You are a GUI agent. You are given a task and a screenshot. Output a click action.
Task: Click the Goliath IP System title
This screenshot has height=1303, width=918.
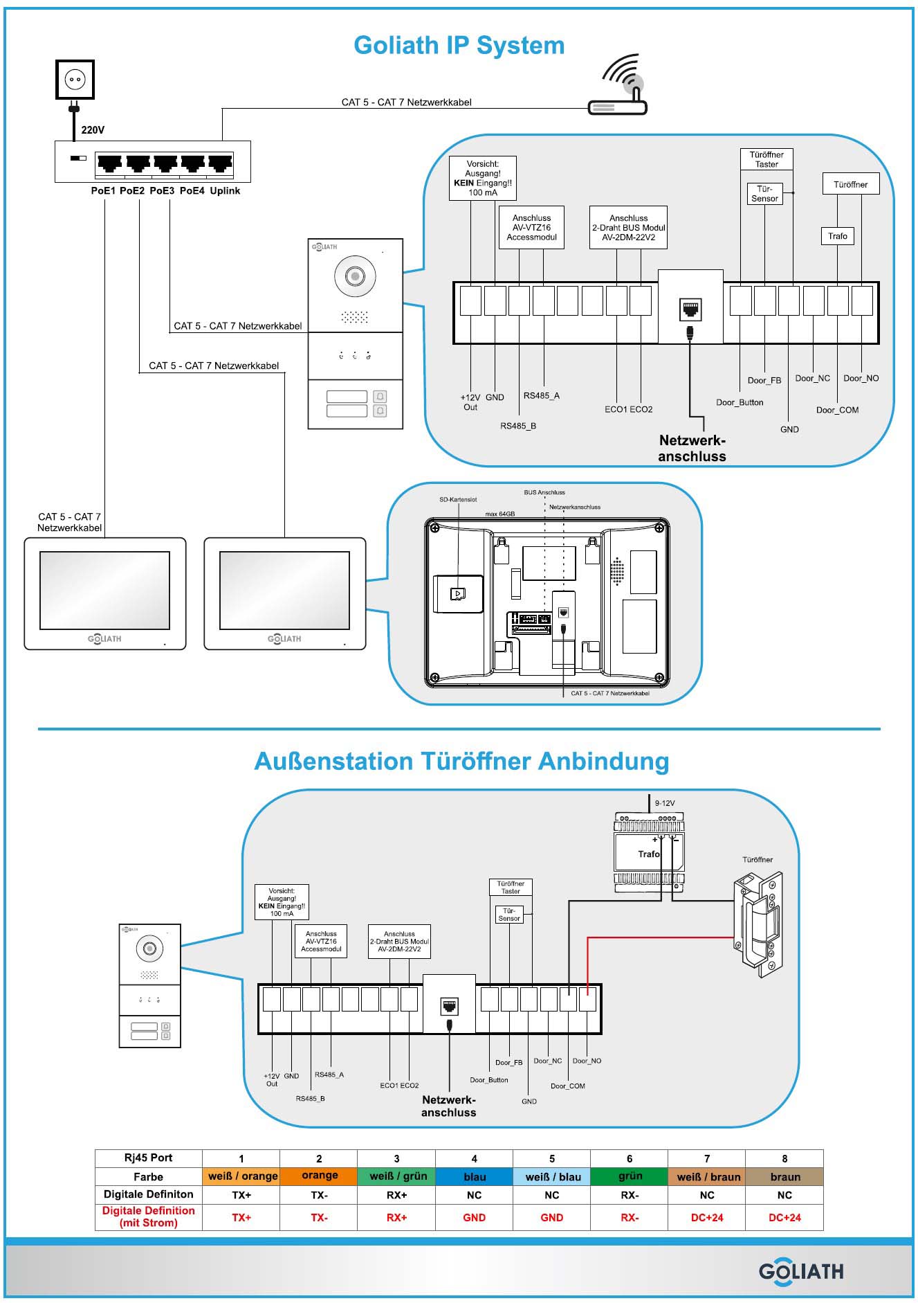[459, 46]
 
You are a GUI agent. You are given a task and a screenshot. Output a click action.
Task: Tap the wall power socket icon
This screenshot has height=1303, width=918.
[75, 80]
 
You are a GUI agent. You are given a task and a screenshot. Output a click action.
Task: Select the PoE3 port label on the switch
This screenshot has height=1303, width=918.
[162, 191]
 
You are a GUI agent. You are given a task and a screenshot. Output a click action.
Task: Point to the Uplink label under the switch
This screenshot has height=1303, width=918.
[225, 191]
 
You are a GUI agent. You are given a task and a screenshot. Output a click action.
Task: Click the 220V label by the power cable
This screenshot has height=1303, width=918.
[93, 130]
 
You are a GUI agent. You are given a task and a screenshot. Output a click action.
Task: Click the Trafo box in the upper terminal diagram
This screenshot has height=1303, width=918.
[837, 236]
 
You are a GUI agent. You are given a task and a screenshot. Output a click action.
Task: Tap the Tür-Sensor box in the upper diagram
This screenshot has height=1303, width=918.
[764, 194]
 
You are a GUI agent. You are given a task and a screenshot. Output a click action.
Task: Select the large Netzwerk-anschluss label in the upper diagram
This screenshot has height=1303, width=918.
[692, 448]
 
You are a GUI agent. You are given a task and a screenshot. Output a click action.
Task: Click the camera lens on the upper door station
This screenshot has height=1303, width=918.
[355, 276]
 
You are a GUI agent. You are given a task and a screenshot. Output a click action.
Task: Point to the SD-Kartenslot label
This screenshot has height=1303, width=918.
[458, 499]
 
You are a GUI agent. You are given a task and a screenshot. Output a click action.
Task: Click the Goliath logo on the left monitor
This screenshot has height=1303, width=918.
[104, 638]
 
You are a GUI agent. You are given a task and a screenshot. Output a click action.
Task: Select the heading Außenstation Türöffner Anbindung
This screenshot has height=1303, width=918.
[461, 761]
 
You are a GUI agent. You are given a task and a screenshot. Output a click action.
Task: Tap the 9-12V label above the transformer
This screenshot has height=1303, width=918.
[665, 803]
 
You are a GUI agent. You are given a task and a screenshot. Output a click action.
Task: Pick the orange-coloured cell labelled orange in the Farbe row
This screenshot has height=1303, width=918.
[319, 1176]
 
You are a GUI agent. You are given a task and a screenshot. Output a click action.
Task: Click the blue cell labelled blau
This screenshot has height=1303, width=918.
[474, 1176]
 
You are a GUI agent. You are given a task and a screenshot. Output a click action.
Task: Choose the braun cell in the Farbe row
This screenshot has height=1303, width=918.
[784, 1176]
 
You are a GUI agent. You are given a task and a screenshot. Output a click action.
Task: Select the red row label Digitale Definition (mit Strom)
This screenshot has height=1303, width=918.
[149, 1216]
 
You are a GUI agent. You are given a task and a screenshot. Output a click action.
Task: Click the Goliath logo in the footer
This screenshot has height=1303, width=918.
[800, 1272]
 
